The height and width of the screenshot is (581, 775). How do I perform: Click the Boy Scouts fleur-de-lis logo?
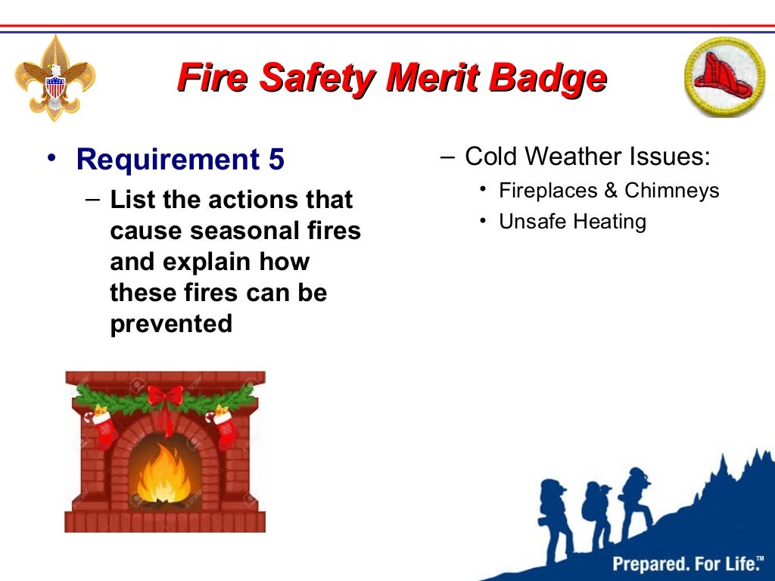click(x=55, y=78)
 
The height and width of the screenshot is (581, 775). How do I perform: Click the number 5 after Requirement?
click(x=275, y=160)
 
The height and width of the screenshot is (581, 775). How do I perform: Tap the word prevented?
click(x=171, y=324)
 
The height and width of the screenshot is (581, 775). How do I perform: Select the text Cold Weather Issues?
click(x=587, y=157)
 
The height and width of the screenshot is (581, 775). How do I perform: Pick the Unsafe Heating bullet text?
click(x=572, y=222)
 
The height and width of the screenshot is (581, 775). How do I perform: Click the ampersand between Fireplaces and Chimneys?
click(x=610, y=190)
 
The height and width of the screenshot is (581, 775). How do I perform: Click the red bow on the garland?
click(x=165, y=398)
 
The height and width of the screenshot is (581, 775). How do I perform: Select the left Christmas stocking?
click(x=104, y=428)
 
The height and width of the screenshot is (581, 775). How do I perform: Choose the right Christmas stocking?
click(x=225, y=427)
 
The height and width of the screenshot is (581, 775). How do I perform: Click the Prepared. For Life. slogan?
click(x=687, y=563)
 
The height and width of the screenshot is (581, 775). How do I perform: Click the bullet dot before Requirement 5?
click(x=50, y=157)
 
